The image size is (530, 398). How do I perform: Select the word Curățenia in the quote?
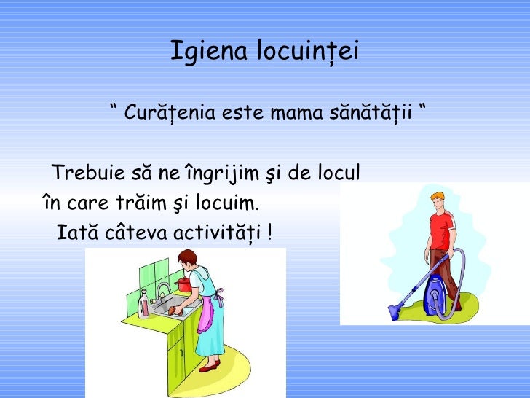click(170, 114)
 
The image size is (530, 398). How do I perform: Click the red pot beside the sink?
click(185, 284)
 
